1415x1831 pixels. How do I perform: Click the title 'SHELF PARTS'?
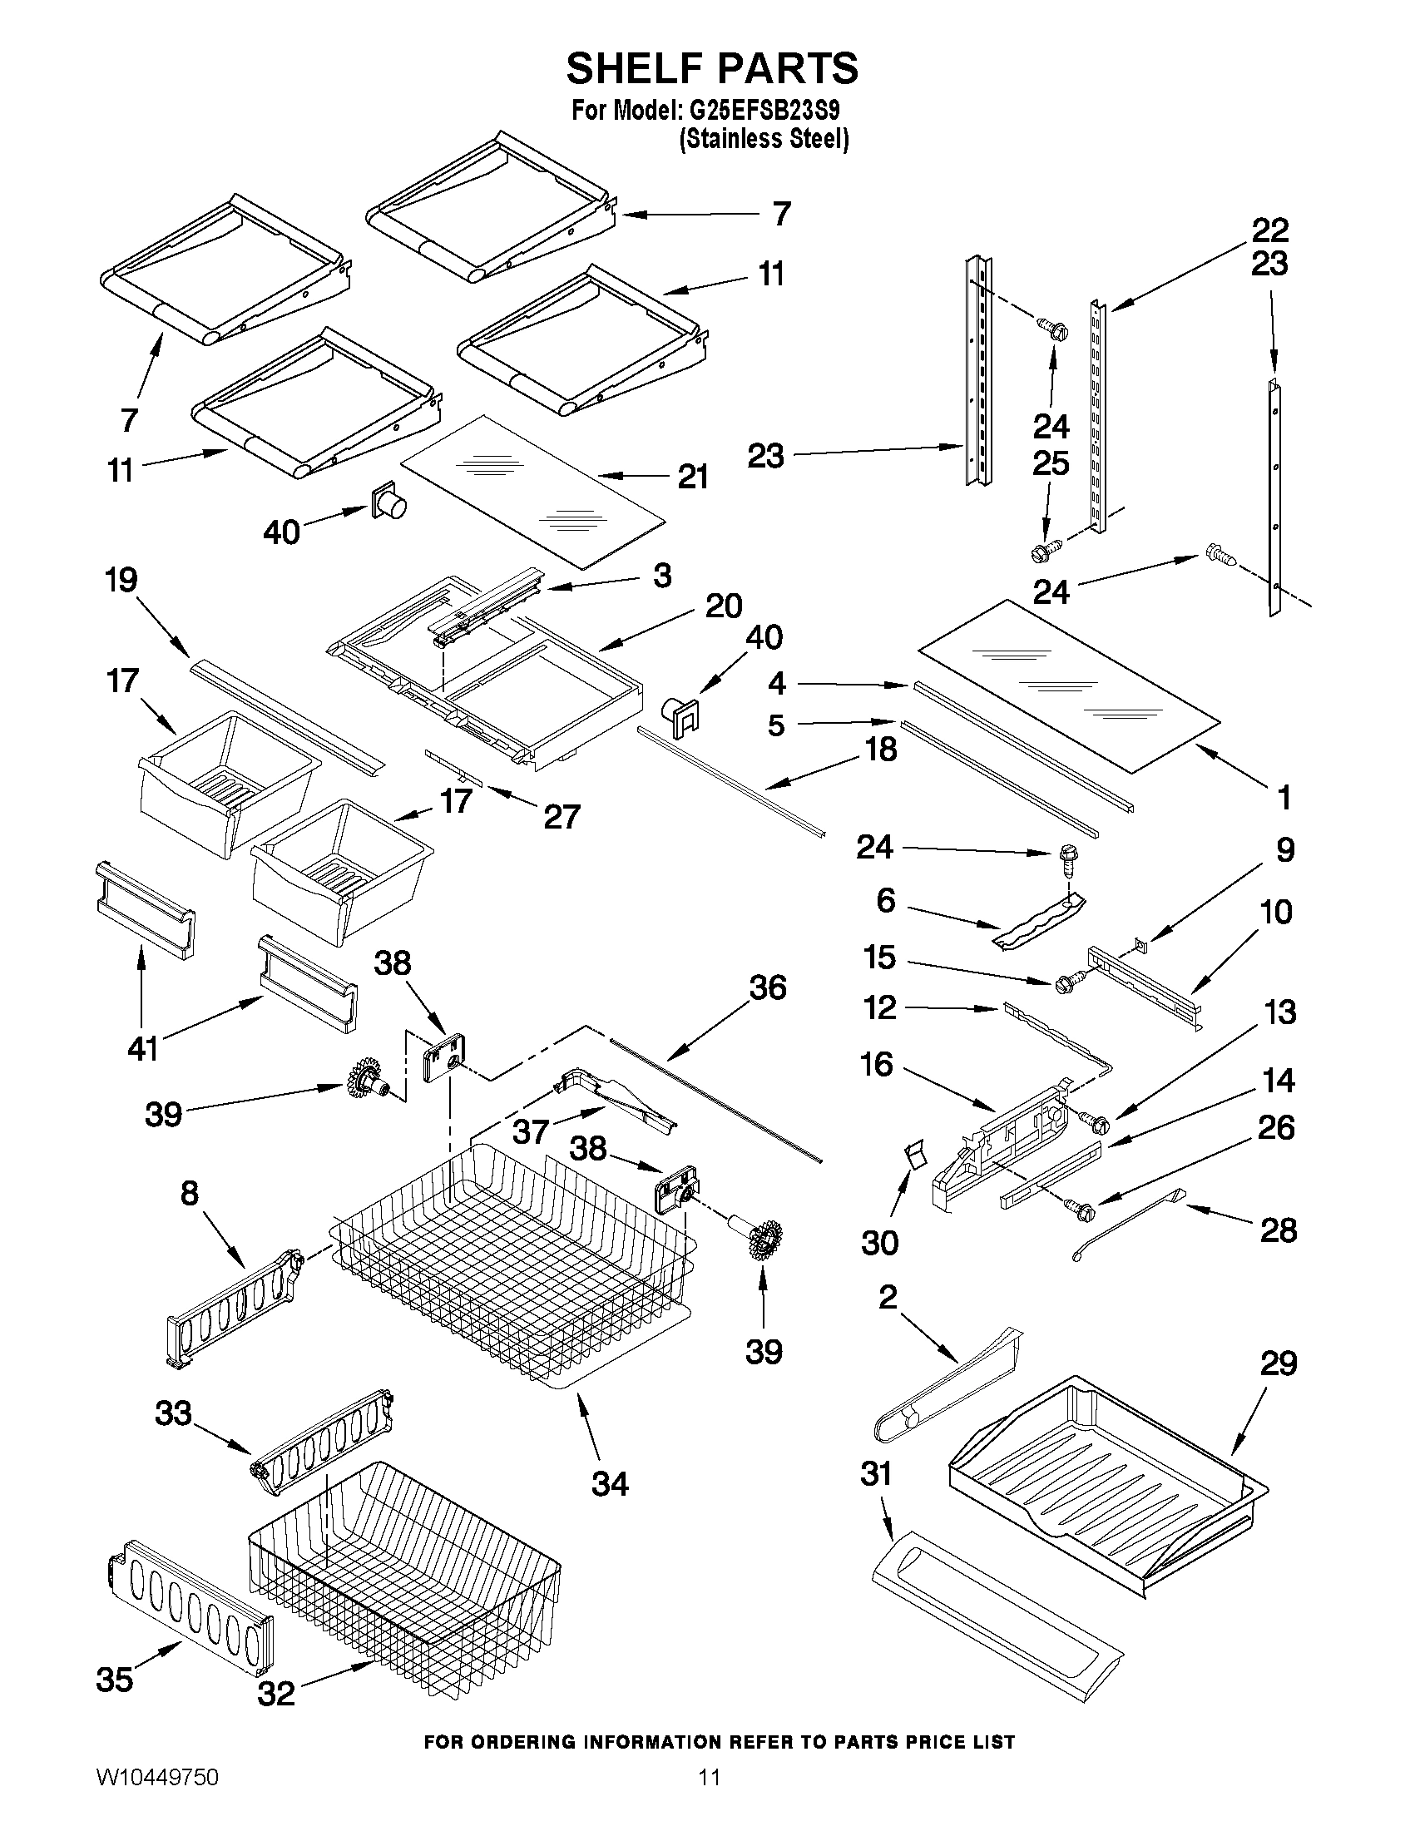point(712,68)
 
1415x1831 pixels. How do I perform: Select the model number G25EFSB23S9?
point(764,111)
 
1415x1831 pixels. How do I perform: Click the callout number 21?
point(692,477)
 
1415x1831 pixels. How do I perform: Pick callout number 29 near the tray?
point(1279,1364)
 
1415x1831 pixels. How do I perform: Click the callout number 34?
point(610,1484)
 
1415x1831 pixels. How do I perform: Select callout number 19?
point(122,579)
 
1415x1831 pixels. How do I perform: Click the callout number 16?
point(877,1065)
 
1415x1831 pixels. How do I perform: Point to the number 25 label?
point(1051,463)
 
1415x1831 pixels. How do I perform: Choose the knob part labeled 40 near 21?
point(388,502)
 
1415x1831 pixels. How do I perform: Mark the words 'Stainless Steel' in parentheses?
point(764,139)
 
